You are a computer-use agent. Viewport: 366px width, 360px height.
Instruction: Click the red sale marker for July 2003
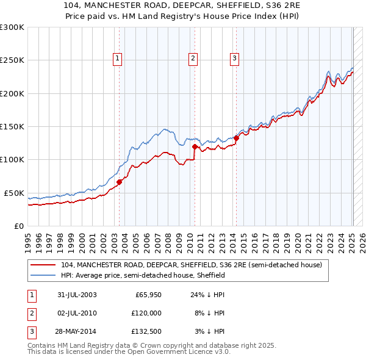click(120, 181)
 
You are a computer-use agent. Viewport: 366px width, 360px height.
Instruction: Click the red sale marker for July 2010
click(195, 146)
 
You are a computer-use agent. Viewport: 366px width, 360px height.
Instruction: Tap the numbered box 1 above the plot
click(117, 59)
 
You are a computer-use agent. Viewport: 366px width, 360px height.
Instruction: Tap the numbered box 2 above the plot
click(193, 59)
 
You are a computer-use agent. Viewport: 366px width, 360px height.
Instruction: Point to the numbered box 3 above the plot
click(234, 59)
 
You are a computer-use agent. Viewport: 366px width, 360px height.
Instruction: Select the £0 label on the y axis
click(18, 226)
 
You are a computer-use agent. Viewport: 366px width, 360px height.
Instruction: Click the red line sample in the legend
click(43, 265)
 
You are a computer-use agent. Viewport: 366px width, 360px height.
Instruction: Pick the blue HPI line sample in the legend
click(43, 276)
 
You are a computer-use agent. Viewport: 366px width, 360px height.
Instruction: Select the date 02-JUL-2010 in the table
click(76, 313)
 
